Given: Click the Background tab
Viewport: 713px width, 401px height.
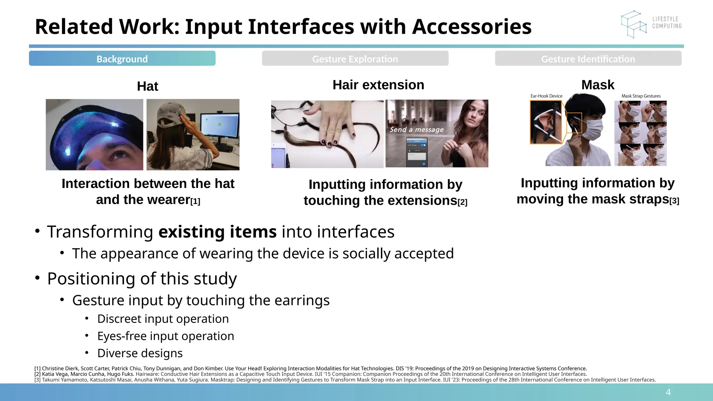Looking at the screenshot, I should click(122, 58).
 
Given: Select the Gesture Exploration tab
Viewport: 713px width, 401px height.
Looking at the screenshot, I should click(355, 58).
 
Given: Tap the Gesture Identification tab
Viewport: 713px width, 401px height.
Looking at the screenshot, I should click(588, 58).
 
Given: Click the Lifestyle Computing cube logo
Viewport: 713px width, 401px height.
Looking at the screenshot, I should click(633, 24).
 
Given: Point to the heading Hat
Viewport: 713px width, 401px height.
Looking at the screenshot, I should click(147, 86).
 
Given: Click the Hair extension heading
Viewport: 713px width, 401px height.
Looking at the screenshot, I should click(378, 85).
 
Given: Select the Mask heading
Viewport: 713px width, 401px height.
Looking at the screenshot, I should click(597, 85).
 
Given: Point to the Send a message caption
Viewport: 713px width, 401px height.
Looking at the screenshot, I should click(416, 129).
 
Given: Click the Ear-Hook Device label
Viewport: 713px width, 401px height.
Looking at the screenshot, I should click(546, 96).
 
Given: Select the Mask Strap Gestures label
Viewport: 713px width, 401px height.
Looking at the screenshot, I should click(641, 96).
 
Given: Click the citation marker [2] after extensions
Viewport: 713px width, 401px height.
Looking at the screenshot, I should click(462, 202).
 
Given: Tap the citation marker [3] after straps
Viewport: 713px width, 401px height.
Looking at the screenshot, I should click(674, 201).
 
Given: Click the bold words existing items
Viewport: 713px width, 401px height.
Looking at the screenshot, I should click(218, 231).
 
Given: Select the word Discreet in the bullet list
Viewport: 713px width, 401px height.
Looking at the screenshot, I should click(119, 319).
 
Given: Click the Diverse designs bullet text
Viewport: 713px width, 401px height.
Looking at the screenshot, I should click(140, 353).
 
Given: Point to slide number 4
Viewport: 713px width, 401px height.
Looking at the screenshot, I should click(668, 392).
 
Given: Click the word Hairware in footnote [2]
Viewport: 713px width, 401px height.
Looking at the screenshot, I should click(147, 374).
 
